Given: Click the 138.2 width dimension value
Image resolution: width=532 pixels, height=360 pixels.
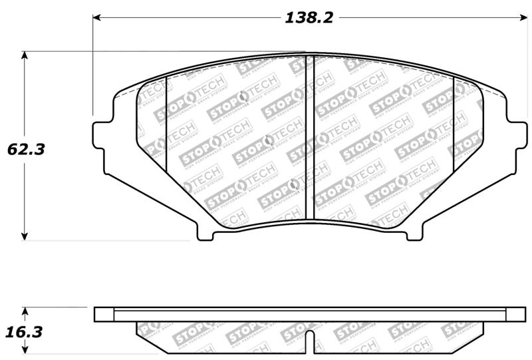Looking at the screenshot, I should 309,18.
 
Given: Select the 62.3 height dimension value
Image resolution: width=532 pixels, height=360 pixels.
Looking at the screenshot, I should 26,150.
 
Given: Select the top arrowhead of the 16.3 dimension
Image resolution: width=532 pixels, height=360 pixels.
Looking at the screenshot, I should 25,311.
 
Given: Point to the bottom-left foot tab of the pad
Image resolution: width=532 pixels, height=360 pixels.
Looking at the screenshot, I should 205,233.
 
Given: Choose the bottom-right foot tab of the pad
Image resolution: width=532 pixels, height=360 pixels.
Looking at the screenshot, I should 414,233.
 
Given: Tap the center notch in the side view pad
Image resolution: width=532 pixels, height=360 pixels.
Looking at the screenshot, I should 309,341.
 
